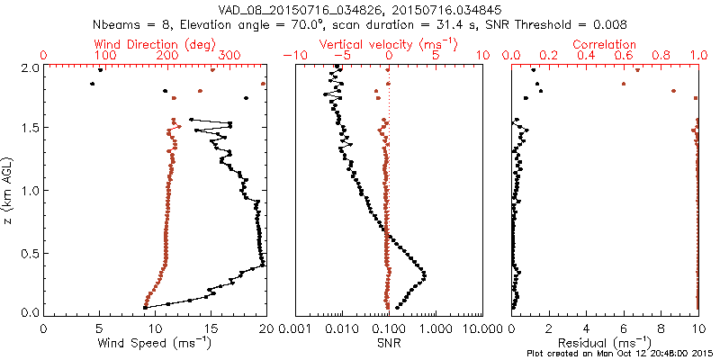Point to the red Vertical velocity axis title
tap(388, 44)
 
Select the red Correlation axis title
tap(605, 44)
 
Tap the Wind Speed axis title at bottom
tap(155, 343)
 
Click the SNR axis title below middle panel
tap(388, 343)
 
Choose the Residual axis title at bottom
tap(605, 343)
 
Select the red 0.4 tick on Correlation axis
tap(586, 56)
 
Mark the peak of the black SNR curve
tap(424, 274)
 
